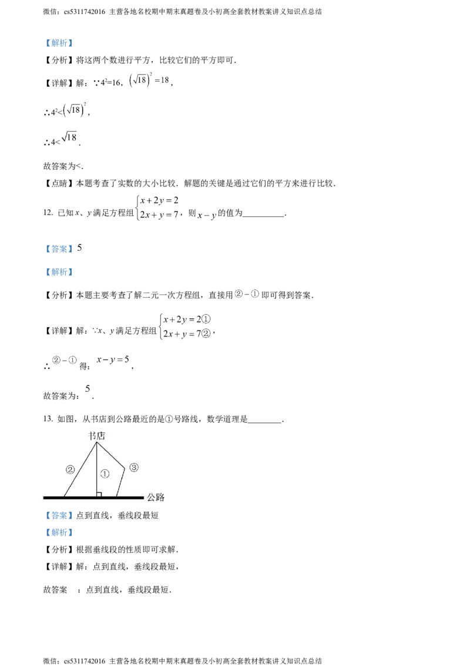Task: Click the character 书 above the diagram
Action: pos(91,436)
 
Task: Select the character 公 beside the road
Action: pos(151,498)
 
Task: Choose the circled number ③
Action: pos(134,468)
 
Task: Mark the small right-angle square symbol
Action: pos(99,495)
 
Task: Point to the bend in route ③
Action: pos(125,468)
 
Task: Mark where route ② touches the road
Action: pos(64,497)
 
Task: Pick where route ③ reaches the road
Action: pos(116,497)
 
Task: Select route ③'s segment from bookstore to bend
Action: pos(110,455)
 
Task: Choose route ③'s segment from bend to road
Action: pos(120,482)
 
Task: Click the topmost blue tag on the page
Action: pos(59,43)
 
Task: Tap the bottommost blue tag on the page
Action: pos(59,533)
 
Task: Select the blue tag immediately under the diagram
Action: pos(59,516)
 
